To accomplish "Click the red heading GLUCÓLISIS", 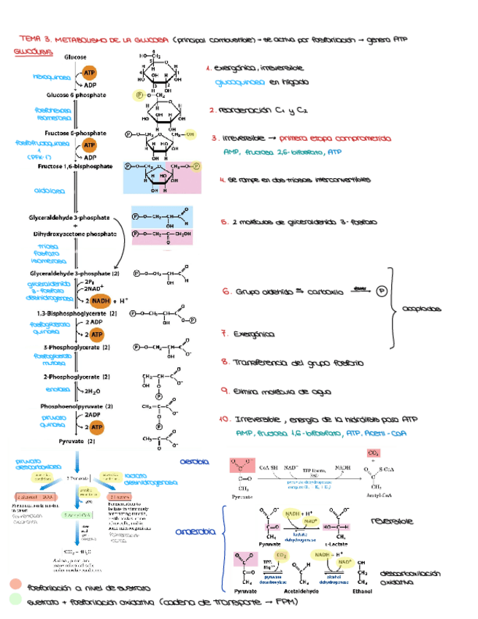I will point(31,53).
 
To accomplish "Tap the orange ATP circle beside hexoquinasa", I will point(89,74).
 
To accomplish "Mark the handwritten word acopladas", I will point(422,308).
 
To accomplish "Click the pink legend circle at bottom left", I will point(15,585).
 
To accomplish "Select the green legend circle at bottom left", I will point(15,600).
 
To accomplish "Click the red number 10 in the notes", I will point(225,420).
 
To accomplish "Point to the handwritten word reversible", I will point(392,521).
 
